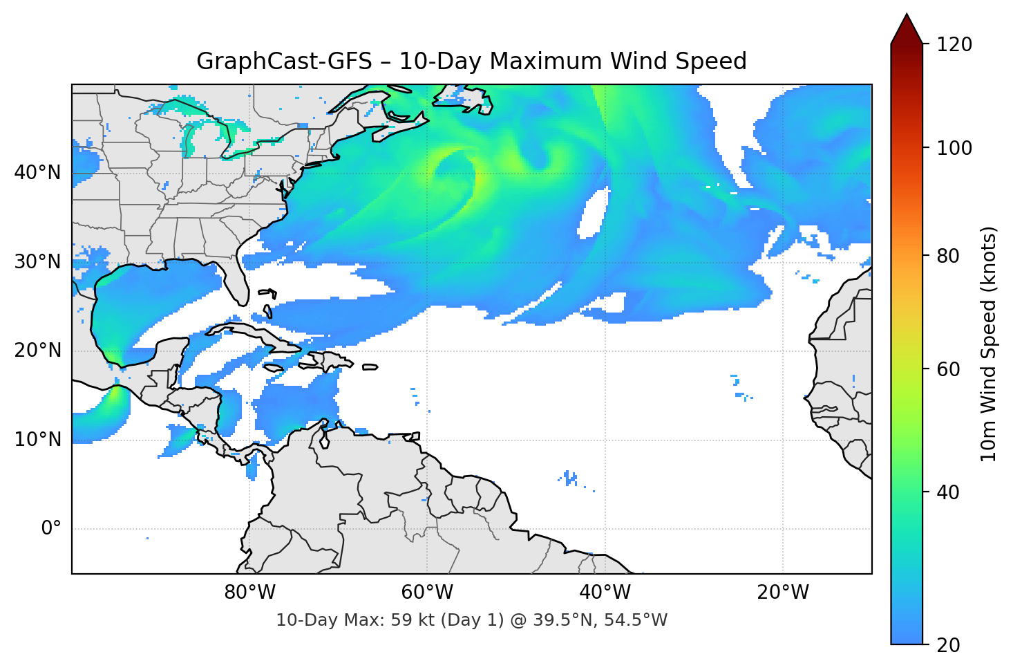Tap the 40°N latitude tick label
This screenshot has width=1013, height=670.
37,172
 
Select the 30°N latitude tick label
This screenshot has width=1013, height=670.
37,261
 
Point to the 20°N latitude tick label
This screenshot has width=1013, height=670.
37,351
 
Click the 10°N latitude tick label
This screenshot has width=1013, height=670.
37,439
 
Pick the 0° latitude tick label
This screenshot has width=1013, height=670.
51,528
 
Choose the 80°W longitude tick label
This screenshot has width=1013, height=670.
249,593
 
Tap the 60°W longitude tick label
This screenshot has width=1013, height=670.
427,593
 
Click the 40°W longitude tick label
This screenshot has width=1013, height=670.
605,593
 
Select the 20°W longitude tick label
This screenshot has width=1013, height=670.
782,593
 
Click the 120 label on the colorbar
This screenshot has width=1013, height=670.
954,44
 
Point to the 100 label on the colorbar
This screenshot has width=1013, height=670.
954,148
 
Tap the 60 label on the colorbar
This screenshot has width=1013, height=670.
948,369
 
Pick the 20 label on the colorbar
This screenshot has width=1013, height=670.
948,644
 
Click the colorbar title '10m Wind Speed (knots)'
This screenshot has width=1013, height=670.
989,344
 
